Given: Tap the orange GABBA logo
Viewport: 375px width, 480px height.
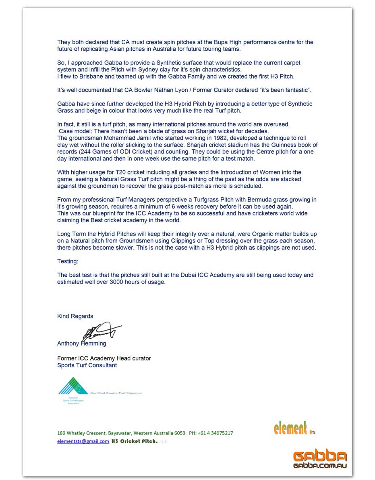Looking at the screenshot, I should click(x=320, y=457).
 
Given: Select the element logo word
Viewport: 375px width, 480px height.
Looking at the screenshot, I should click(x=290, y=428).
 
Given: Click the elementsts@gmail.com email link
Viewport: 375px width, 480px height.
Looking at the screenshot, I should click(x=83, y=441).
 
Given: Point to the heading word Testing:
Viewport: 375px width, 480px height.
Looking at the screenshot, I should click(x=68, y=261).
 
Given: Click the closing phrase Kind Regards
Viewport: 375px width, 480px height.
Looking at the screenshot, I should click(x=75, y=316).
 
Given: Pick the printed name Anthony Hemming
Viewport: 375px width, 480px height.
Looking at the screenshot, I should click(x=82, y=343).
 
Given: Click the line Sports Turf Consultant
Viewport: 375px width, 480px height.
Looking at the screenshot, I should click(x=87, y=365).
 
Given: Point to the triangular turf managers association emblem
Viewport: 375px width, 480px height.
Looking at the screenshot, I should click(x=73, y=386).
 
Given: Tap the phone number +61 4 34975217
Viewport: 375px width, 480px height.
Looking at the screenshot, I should click(x=215, y=433).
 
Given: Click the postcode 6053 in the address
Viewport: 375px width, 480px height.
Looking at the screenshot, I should click(x=180, y=433).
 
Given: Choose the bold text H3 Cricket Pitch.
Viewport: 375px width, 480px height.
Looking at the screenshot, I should click(x=135, y=441).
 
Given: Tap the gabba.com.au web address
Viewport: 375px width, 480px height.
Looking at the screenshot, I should click(x=320, y=466).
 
